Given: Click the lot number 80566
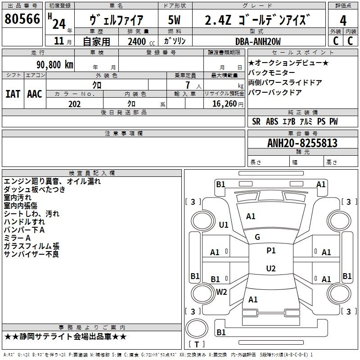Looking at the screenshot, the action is (22, 19).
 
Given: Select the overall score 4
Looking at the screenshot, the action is (343, 21).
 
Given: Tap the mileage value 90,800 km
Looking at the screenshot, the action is (55, 65).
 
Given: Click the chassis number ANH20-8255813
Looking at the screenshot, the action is (302, 143).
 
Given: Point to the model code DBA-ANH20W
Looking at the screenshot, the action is (258, 41).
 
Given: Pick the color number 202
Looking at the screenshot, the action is (75, 104).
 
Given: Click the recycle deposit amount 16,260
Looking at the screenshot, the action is (224, 104).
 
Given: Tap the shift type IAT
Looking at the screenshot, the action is (13, 94).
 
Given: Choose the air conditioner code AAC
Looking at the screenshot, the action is (35, 94).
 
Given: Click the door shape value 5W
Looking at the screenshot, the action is (174, 20).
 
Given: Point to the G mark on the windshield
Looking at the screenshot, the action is (257, 237).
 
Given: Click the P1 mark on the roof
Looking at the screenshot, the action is (271, 251).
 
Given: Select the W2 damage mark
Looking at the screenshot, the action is (221, 292).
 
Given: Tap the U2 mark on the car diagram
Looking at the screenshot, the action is (271, 268).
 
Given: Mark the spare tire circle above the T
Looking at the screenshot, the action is (197, 328).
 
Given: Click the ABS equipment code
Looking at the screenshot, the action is (272, 121).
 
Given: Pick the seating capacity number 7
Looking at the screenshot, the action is (188, 85).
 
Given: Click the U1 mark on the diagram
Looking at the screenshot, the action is (224, 225).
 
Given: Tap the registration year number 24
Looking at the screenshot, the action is (59, 24).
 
